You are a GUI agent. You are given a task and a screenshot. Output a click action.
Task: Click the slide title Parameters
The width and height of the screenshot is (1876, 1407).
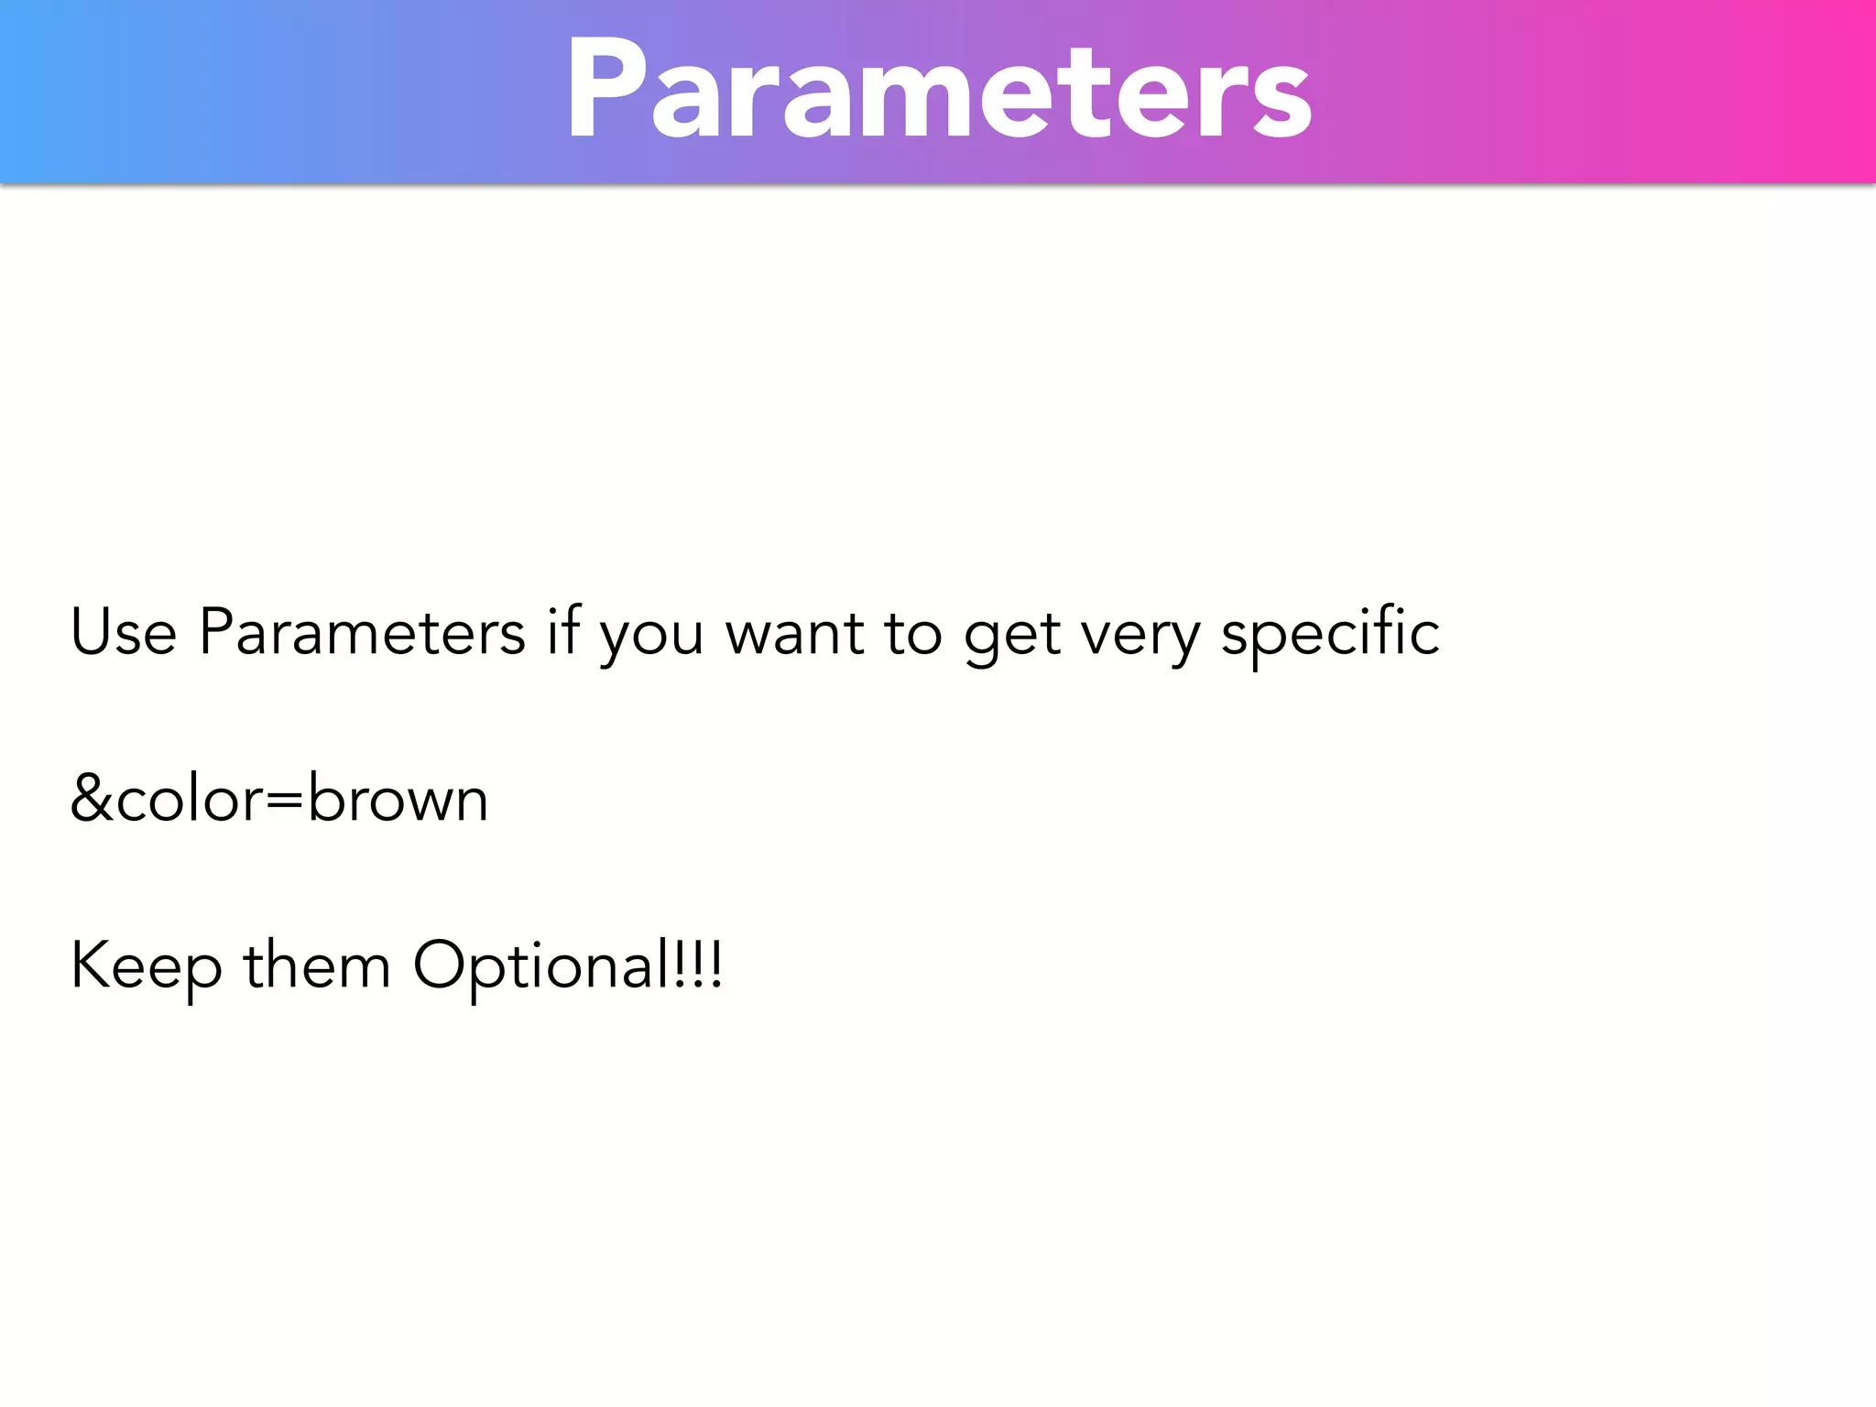click(x=939, y=90)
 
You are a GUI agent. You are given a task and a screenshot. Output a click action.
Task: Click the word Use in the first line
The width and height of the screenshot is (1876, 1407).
click(x=124, y=633)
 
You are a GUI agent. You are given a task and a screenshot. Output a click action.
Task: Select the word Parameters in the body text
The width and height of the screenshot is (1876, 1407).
click(x=363, y=633)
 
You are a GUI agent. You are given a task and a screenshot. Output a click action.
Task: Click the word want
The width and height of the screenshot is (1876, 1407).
click(x=794, y=635)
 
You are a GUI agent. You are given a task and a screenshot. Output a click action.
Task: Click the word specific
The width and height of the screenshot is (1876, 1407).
click(x=1330, y=633)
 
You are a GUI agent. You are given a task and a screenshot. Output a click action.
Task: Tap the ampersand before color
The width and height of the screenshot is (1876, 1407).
click(x=92, y=799)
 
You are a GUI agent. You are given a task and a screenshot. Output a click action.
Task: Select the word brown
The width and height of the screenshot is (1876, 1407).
click(x=398, y=799)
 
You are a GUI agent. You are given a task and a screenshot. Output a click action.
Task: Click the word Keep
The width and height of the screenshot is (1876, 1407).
click(x=147, y=967)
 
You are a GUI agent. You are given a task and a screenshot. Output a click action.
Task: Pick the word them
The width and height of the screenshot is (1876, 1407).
click(x=317, y=965)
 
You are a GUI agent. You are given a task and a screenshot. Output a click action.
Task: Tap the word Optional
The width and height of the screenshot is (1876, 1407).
click(x=541, y=967)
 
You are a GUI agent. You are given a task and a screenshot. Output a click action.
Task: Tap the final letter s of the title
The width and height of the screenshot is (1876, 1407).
click(x=1282, y=102)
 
